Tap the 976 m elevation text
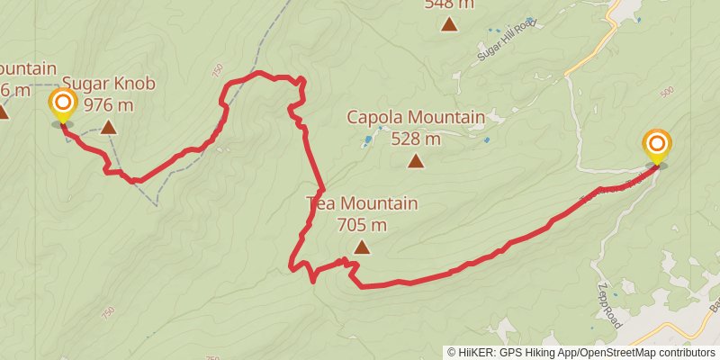point(108,104)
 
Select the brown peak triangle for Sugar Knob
point(108,127)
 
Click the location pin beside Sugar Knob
point(62,105)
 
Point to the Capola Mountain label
point(415,118)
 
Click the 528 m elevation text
point(415,139)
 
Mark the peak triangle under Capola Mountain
point(415,161)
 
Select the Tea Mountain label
point(362,203)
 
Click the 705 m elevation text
point(362,224)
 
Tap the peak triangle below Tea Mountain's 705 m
point(362,247)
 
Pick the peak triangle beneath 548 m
point(449,24)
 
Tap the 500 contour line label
point(667,93)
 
